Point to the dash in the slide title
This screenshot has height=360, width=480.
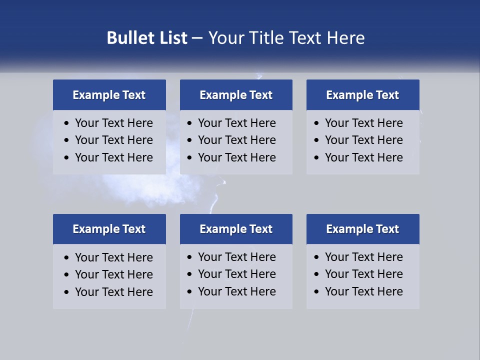197,38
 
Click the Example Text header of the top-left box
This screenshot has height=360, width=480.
109,95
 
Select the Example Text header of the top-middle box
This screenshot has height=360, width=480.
236,95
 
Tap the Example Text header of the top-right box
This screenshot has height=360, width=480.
362,95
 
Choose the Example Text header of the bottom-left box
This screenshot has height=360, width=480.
109,229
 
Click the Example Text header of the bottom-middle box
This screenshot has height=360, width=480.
236,229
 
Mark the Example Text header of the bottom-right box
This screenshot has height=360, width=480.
362,229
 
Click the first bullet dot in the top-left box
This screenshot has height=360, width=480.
67,123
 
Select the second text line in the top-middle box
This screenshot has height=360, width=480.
236,140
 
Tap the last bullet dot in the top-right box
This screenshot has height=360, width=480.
316,158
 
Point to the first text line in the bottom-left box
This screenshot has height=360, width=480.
113,257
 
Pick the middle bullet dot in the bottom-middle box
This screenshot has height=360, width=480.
189,274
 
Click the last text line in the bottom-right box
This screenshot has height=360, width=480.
363,291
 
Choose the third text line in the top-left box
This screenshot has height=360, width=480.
113,157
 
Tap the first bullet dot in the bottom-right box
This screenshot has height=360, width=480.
316,257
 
